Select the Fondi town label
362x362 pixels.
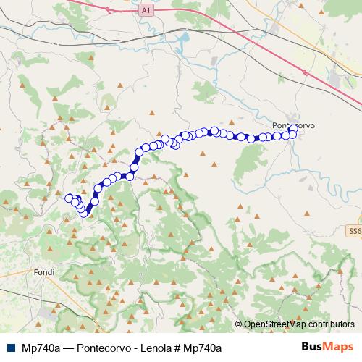click(44, 272)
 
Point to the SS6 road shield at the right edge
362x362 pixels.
click(354, 230)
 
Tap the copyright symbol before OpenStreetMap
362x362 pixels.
click(240, 325)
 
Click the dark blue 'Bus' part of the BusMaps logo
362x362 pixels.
click(313, 347)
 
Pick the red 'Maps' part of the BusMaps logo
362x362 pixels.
click(340, 347)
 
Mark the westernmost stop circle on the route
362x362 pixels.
click(70, 198)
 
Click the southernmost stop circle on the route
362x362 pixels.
click(84, 213)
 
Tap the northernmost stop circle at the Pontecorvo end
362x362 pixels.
click(293, 128)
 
